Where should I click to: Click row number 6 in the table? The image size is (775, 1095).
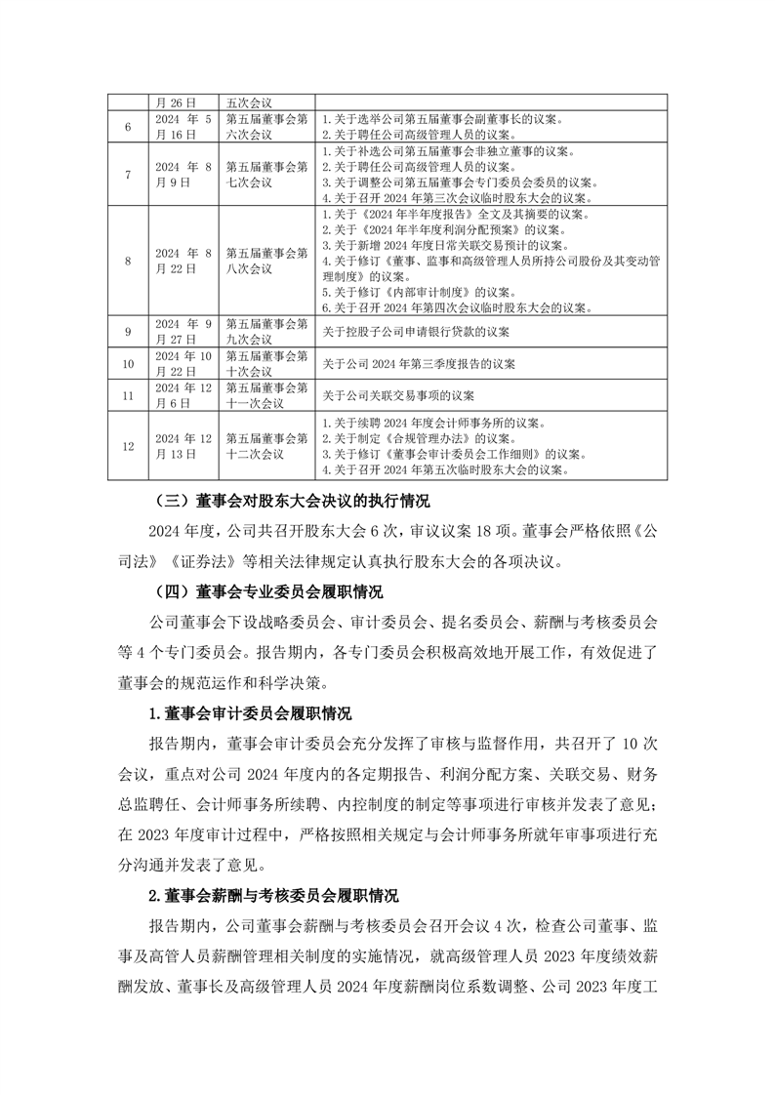pyautogui.click(x=128, y=127)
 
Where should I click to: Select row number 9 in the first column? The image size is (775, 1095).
pyautogui.click(x=128, y=332)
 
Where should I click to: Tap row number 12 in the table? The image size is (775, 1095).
pyautogui.click(x=128, y=446)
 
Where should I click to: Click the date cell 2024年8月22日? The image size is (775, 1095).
pyautogui.click(x=184, y=261)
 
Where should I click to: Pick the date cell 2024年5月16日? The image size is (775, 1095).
pyautogui.click(x=184, y=127)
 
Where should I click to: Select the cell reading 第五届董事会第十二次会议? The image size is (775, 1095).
pyautogui.click(x=266, y=446)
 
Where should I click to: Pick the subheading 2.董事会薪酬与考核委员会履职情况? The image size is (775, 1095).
pyautogui.click(x=273, y=895)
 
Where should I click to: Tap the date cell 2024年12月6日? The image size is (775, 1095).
pyautogui.click(x=184, y=395)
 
